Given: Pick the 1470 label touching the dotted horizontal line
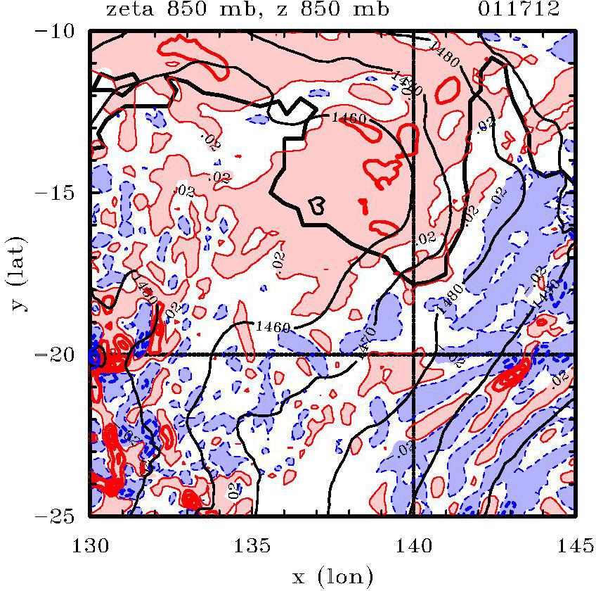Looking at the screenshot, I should [x=366, y=341].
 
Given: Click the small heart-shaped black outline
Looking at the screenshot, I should [x=317, y=205].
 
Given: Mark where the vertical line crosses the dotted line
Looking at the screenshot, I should [x=413, y=355].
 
